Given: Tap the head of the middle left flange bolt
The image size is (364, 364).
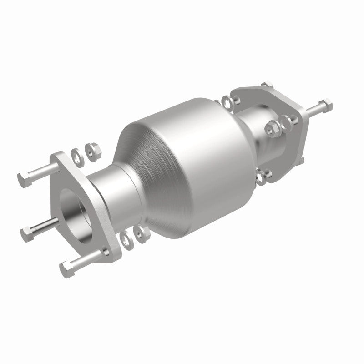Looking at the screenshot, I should click(26, 233).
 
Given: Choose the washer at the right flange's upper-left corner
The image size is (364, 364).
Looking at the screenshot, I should click(226, 100).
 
